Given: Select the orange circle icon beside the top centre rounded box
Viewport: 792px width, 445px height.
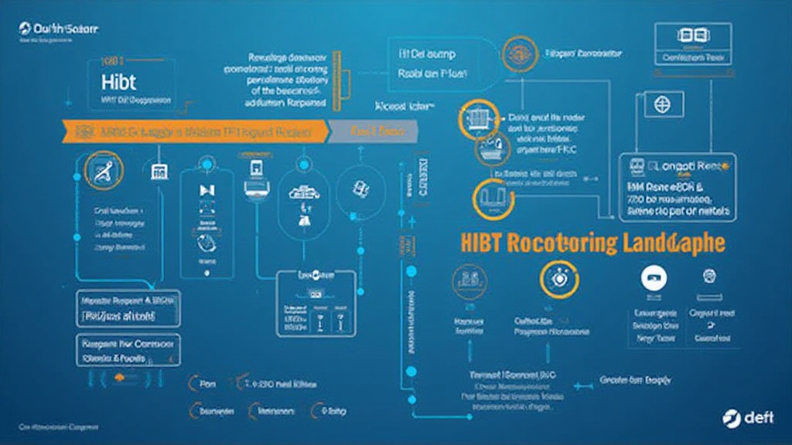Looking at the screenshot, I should coord(514,54).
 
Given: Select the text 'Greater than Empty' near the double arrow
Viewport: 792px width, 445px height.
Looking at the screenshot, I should coord(635,380).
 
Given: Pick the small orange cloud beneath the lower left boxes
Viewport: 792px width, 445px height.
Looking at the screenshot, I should coord(118,377).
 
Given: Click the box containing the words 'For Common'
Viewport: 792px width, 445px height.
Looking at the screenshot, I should coord(128,350).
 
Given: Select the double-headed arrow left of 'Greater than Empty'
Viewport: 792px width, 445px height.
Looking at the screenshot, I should coord(578,380).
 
